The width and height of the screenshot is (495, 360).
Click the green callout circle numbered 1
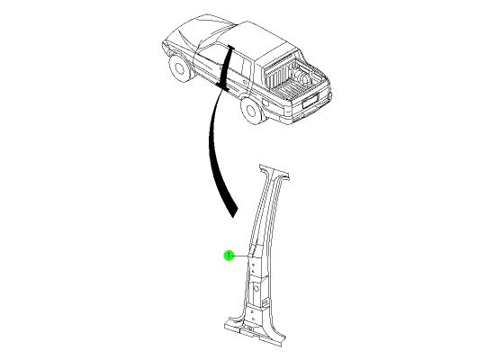229,256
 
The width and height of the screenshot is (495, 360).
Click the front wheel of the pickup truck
179,67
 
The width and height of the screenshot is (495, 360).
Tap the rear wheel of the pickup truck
251,110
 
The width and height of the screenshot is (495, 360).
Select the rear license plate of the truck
310,101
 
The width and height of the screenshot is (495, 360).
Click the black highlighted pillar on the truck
226,67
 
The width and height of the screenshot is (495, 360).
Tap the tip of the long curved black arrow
233,217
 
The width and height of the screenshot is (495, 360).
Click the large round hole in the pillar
256,288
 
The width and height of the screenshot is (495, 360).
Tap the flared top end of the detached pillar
274,173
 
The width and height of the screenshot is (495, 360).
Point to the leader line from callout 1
241,256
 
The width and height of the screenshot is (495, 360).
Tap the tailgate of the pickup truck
311,98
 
